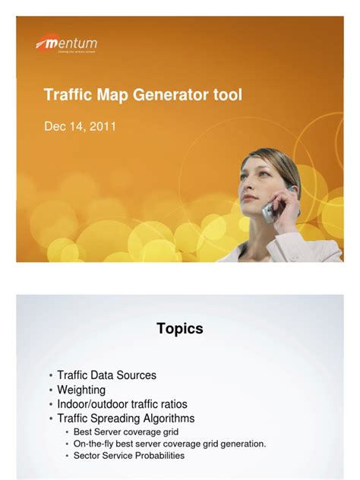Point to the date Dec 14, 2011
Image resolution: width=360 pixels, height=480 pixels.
pos(80,127)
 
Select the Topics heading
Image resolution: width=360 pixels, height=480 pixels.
pos(180,329)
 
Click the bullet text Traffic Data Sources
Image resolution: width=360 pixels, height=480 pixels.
pos(106,375)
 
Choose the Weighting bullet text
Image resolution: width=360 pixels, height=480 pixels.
pos(81,390)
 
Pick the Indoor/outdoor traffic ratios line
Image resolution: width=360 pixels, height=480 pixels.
pos(122,404)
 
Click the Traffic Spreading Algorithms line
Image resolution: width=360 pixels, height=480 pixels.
pos(125,418)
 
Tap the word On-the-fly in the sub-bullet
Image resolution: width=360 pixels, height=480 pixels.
pos(91,444)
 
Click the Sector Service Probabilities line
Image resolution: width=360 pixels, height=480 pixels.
pos(128,456)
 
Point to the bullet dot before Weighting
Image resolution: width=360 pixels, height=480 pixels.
pos(51,390)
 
